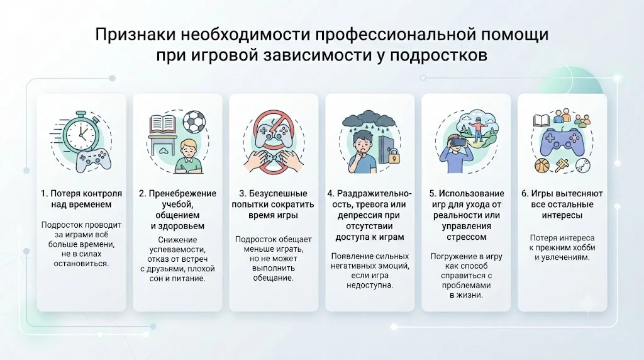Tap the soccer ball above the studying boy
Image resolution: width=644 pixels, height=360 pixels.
coord(194,121)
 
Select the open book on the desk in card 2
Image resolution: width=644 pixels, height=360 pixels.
coord(163,125)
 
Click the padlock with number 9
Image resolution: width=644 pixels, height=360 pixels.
coord(394,157)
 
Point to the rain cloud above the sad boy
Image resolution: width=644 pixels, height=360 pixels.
coord(369,120)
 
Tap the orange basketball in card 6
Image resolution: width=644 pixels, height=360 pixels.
coord(541,165)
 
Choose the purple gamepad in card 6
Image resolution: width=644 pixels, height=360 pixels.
coord(561,142)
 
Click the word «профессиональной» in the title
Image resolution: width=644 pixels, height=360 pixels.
coord(396,35)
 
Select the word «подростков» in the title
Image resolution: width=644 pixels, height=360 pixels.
coord(438,55)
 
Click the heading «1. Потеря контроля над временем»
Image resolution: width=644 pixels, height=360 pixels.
coord(81,199)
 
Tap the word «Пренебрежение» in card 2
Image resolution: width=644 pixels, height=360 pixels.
coord(182,193)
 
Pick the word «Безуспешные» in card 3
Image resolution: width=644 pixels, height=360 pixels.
coord(278,193)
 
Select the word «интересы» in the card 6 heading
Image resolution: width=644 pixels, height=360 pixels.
coord(562,215)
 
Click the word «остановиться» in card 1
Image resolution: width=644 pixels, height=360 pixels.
coord(81,264)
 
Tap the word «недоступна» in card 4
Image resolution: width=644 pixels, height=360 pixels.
coord(370,285)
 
